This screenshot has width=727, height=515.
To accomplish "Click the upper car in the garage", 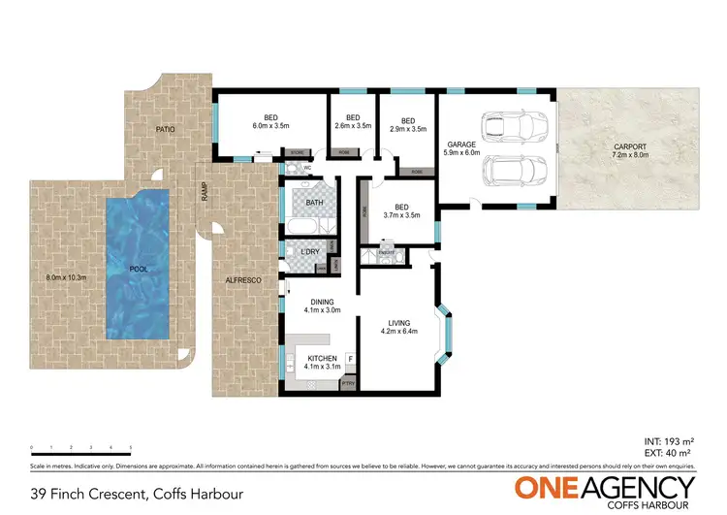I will [514, 126].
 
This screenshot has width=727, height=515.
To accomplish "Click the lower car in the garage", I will [514, 171].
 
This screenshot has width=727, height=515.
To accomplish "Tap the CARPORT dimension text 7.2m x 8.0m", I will [630, 154].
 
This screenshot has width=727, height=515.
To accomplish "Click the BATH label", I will [314, 203].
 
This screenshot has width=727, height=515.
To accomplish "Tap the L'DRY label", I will [310, 252].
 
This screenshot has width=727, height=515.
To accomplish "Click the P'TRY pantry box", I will [349, 384].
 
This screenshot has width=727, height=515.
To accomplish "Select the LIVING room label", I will [399, 323].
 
